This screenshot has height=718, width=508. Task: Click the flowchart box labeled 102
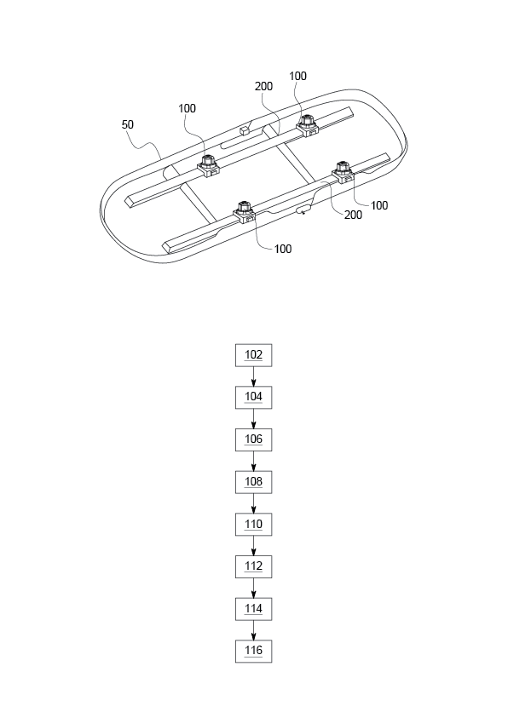[x=253, y=354]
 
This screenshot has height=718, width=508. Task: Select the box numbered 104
[x=253, y=397]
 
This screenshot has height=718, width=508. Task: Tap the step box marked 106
[x=253, y=439]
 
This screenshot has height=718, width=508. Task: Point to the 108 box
[x=253, y=482]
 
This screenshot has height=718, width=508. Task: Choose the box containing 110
[x=253, y=524]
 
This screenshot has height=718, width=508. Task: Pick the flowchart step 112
[x=253, y=566]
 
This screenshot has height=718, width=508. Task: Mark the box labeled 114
[x=253, y=609]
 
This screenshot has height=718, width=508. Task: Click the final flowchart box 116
[x=253, y=652]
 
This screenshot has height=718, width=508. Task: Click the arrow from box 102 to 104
[x=253, y=376]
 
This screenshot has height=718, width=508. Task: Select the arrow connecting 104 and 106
[x=253, y=418]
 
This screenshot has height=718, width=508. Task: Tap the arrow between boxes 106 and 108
[x=253, y=461]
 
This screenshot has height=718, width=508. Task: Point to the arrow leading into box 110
[x=253, y=503]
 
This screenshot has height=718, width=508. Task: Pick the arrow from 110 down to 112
[x=253, y=545]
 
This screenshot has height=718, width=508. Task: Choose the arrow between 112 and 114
[x=253, y=588]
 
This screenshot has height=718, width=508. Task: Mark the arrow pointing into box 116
[x=253, y=630]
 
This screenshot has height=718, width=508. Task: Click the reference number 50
[x=128, y=124]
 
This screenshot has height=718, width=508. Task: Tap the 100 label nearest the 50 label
[x=188, y=109]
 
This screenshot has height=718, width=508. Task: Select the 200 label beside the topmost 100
[x=265, y=86]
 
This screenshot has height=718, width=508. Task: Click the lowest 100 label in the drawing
[x=283, y=249]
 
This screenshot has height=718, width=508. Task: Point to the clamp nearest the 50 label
[x=207, y=164]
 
